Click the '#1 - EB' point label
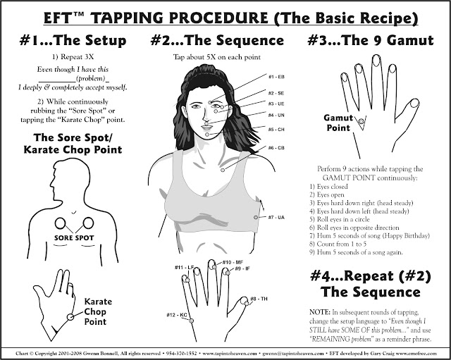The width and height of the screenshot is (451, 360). pos(276,77)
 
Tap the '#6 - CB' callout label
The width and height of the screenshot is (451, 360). pos(276,148)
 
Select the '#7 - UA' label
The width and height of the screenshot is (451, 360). pos(276,218)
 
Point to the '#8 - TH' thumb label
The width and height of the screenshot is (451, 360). pos(259,299)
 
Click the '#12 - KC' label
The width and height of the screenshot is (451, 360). pos(177,315)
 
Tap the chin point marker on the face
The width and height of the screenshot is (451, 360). pos(207,135)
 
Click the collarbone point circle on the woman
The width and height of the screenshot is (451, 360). pos(223,170)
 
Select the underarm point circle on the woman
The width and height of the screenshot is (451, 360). pos(256,218)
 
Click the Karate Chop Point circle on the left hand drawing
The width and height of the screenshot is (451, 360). pos(70,317)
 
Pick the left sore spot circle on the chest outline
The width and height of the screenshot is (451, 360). pos(60,223)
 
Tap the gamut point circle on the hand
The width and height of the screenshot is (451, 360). pos(362,122)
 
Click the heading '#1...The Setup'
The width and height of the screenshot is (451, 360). pos(73,40)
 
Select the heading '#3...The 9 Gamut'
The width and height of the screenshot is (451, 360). pos(371,40)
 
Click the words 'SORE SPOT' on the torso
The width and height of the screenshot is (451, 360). pos(74,238)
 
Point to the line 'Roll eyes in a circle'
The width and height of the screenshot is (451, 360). pos(340,219)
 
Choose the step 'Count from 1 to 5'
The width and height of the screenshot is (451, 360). pos(335,244)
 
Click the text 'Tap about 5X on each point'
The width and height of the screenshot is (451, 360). pos(217,57)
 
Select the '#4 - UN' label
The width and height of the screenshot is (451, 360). pos(276,116)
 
